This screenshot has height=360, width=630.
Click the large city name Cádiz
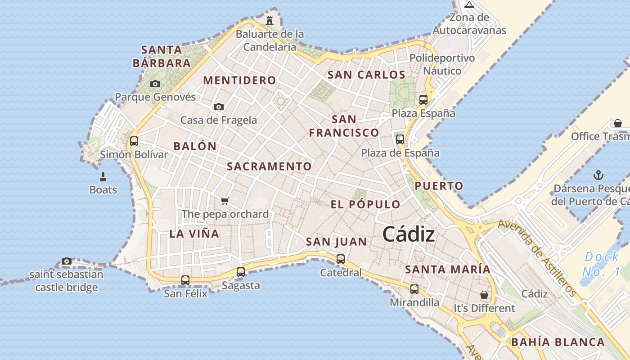pyautogui.click(x=409, y=234)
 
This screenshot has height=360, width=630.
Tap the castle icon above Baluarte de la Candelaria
pyautogui.click(x=270, y=20)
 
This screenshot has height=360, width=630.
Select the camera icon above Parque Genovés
pyautogui.click(x=155, y=84)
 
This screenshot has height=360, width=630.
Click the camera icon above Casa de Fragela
pyautogui.click(x=219, y=107)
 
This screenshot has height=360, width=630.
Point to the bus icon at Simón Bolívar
pyautogui.click(x=134, y=141)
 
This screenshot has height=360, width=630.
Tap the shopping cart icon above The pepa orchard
pyautogui.click(x=225, y=201)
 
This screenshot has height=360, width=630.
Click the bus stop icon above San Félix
pyautogui.click(x=185, y=280)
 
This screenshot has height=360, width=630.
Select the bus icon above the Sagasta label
pyautogui.click(x=241, y=272)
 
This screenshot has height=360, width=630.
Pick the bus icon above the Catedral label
pyautogui.click(x=341, y=259)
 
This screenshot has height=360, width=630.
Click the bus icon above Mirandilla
pyautogui.click(x=414, y=289)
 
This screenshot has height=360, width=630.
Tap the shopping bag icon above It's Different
pyautogui.click(x=484, y=295)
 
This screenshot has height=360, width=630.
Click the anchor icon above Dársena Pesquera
pyautogui.click(x=598, y=175)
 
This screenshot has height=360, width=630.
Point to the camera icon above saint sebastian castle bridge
pyautogui.click(x=67, y=261)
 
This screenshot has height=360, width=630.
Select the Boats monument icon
pyautogui.click(x=103, y=176)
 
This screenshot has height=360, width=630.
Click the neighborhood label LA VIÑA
pyautogui.click(x=194, y=234)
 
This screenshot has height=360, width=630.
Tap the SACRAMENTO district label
pyautogui.click(x=269, y=166)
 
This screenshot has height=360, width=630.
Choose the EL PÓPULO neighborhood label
pyautogui.click(x=365, y=204)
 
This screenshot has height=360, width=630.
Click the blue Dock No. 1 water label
pyautogui.click(x=601, y=264)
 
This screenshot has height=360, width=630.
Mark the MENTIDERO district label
pyautogui.click(x=240, y=81)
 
